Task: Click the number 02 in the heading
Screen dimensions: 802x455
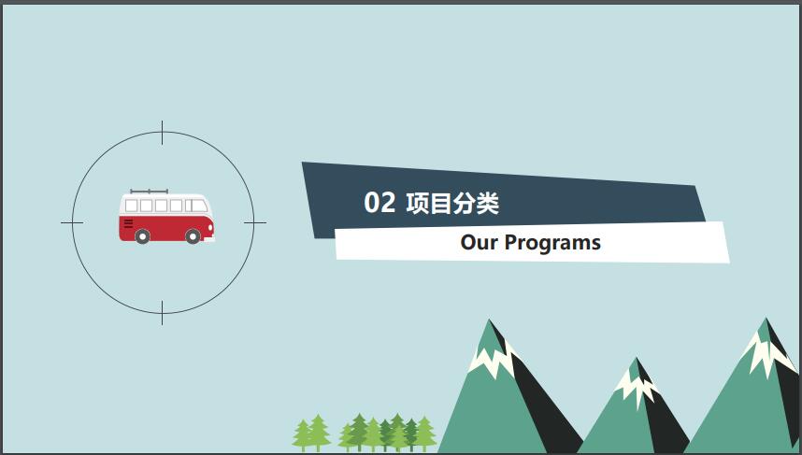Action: (380, 203)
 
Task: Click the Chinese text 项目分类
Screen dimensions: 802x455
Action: (452, 203)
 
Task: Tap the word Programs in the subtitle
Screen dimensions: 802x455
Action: (552, 243)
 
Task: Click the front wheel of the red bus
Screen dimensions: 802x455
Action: (193, 236)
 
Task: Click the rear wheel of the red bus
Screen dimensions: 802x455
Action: (143, 236)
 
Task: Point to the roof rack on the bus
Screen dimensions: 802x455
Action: (149, 192)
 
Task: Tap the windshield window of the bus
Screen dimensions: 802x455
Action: (199, 206)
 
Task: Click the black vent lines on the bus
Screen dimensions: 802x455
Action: (128, 223)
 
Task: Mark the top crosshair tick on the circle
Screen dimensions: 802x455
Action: (162, 133)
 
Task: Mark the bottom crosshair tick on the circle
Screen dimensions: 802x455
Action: (162, 313)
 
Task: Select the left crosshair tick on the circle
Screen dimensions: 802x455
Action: (72, 223)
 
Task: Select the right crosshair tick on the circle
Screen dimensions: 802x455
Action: (255, 223)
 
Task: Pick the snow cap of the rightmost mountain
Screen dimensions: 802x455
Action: (767, 353)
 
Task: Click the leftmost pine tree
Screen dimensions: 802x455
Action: (302, 435)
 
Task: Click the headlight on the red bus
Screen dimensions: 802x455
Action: (210, 227)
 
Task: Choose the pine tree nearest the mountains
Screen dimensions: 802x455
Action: (425, 434)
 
